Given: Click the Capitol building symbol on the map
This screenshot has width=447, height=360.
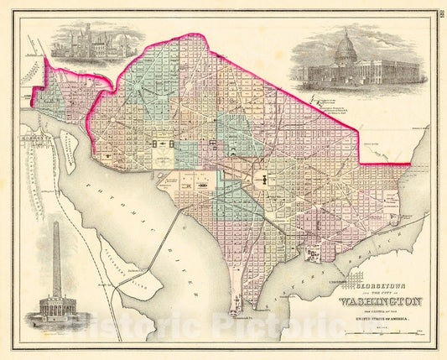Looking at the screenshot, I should [260, 177].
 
